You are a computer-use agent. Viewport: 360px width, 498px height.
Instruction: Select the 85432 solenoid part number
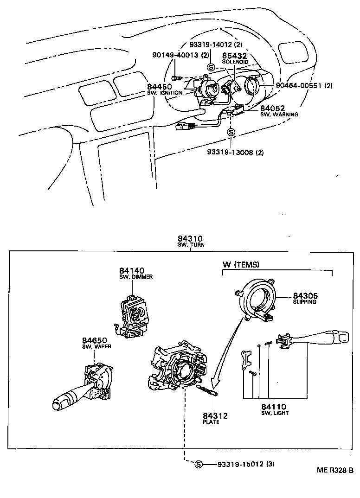[235, 56]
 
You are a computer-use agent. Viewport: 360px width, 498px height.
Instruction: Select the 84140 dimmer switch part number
[132, 270]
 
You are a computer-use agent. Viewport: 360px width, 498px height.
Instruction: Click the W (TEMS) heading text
[241, 264]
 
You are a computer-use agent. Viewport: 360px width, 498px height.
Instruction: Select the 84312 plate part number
[215, 415]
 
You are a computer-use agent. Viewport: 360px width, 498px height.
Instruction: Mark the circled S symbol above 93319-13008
[231, 132]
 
